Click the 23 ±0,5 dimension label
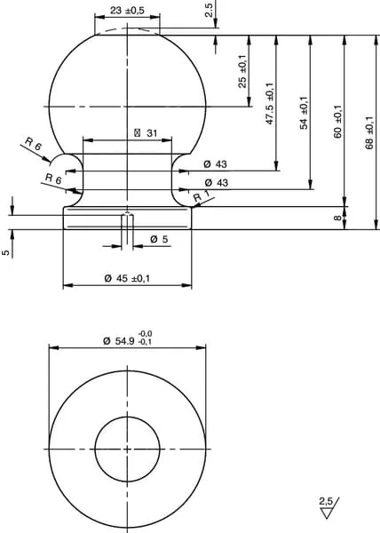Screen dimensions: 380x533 127,11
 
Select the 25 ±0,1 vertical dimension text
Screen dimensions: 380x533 242,71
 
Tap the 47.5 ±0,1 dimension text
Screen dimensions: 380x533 269,103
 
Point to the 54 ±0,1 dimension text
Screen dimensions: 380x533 304,113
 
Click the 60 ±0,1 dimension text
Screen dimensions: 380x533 337,122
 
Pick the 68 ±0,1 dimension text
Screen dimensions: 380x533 369,132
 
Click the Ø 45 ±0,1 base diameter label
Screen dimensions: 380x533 127,279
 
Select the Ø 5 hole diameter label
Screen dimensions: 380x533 159,239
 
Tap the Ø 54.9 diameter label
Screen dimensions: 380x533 119,340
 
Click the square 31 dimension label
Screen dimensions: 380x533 146,133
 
